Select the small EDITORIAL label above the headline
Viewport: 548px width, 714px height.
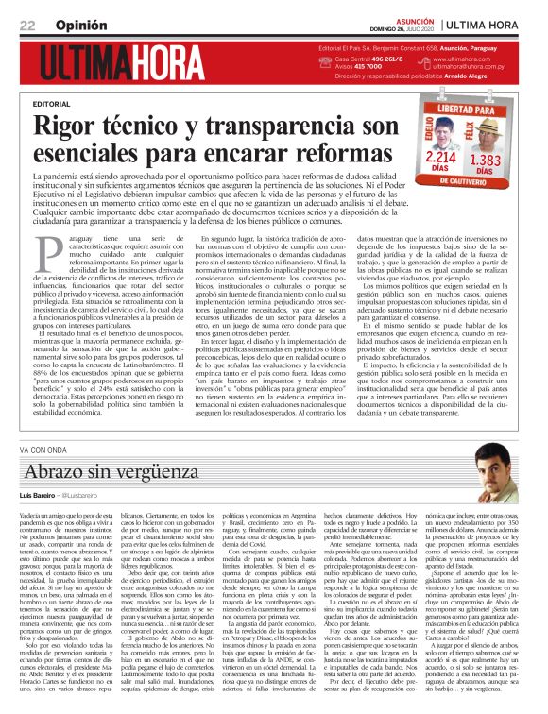click(x=51, y=102)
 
